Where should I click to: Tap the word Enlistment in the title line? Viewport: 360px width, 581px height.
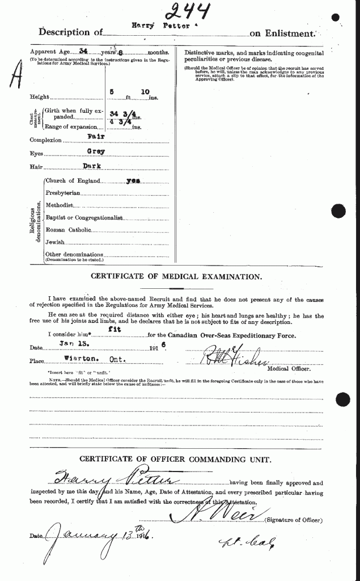(287, 33)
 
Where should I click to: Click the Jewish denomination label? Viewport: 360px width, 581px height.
(56, 242)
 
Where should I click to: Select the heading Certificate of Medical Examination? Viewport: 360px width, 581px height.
(176, 277)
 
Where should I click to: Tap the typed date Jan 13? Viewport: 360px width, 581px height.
(71, 344)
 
